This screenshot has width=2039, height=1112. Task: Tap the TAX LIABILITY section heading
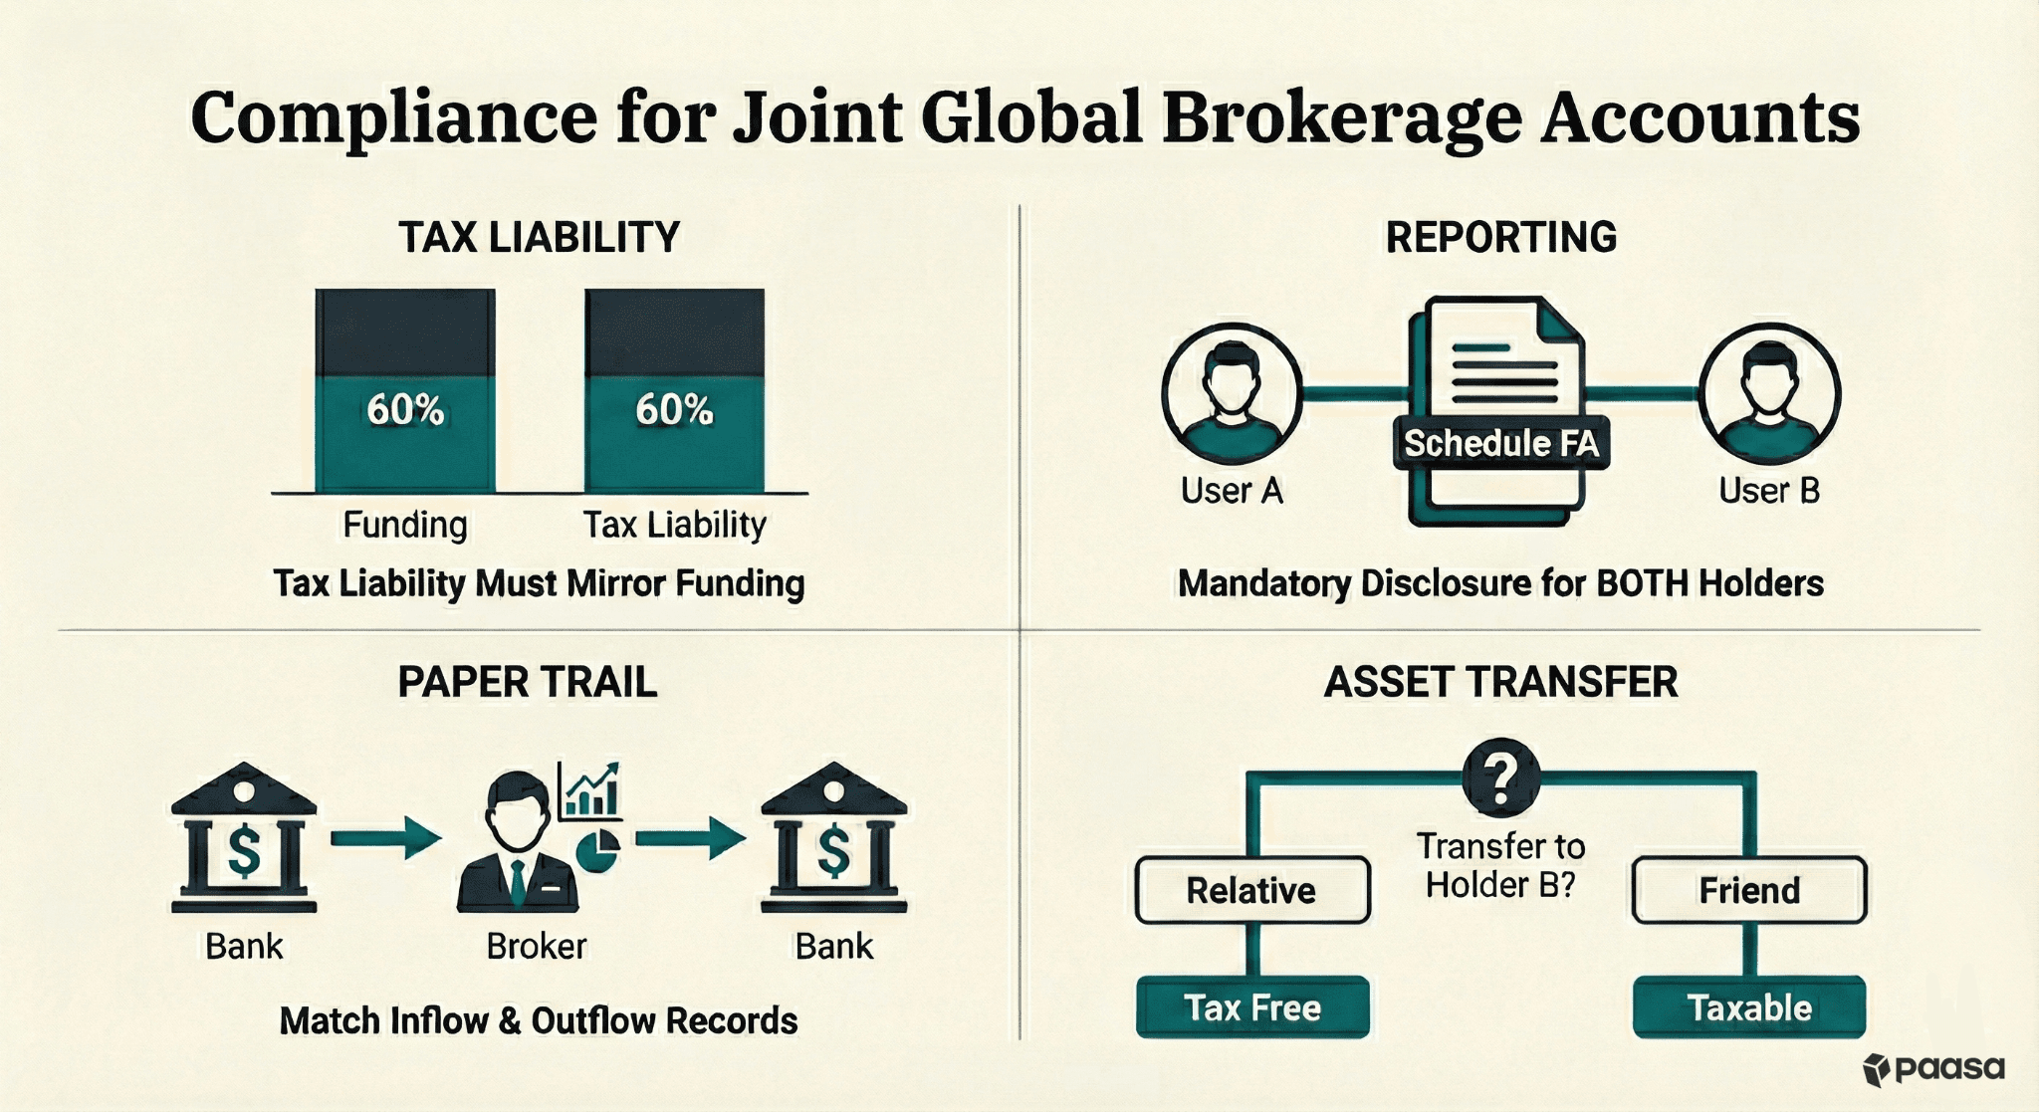[x=539, y=238]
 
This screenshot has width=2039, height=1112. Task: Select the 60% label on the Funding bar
[x=405, y=409]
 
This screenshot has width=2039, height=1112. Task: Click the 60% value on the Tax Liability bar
[x=674, y=409]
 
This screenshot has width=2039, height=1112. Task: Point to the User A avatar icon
[x=1232, y=394]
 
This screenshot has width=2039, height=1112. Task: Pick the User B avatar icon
[x=1769, y=394]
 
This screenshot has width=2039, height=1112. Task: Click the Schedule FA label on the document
[x=1500, y=443]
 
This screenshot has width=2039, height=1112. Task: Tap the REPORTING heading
[x=1500, y=238]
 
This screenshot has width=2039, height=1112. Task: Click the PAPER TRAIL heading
[x=528, y=683]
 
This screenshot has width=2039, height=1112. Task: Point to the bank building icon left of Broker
[x=244, y=838]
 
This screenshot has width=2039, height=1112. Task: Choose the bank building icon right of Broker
[x=833, y=838]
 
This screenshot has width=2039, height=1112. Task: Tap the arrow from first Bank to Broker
[x=385, y=838]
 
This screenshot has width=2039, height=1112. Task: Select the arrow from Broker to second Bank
[x=690, y=838]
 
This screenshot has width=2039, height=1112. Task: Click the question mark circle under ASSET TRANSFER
[x=1500, y=776]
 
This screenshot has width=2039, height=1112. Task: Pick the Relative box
[x=1251, y=890]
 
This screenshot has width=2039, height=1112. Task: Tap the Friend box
[x=1749, y=890]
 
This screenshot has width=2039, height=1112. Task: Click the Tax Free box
[x=1251, y=1007]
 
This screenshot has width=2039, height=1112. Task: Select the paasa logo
[x=1933, y=1069]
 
